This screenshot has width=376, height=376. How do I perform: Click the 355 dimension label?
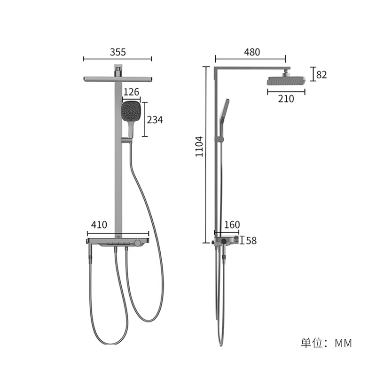click(118, 52)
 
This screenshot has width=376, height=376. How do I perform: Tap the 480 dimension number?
click(252, 52)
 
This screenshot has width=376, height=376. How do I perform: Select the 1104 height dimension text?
click(199, 147)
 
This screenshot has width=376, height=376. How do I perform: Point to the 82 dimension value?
click(321, 75)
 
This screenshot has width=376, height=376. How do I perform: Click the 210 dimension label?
click(286, 99)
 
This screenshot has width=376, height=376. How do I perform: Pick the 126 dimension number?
click(131, 92)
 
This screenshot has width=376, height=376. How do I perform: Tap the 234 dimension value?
click(155, 120)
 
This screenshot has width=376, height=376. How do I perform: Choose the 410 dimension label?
click(99, 225)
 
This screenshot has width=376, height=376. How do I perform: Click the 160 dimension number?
click(232, 225)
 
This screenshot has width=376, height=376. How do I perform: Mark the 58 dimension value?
click(251, 241)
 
